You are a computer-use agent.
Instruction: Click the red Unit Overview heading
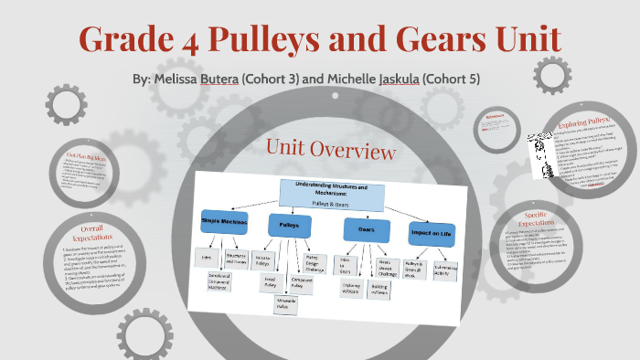coord(330,149)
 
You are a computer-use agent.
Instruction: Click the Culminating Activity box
coord(445,267)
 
